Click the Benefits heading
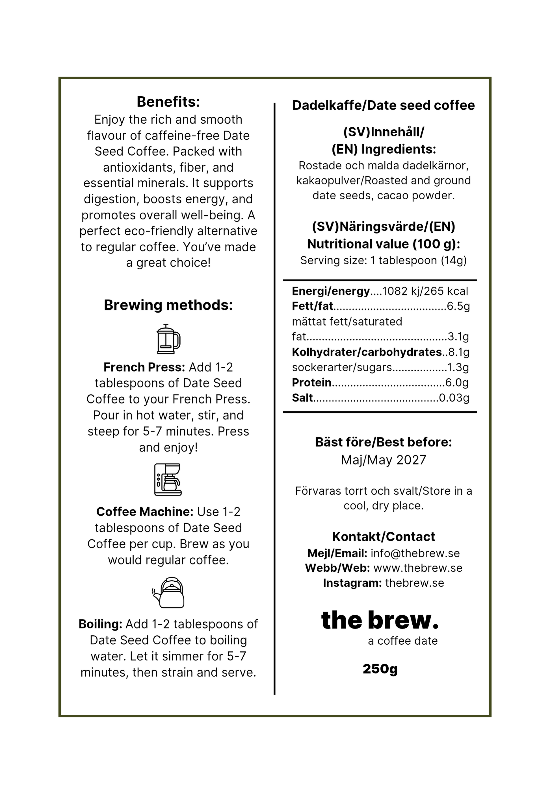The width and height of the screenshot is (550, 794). pos(168,102)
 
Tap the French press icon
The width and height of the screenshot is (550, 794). pos(168,339)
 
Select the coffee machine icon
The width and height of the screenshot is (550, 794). pos(168,479)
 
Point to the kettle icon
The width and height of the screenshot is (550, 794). pos(169,593)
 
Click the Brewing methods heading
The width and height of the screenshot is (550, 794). pos(168,305)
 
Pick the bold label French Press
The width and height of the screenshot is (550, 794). pos(144,367)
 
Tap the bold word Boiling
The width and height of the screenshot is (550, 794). pos(100,624)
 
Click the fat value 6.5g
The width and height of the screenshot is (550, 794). pos(458,306)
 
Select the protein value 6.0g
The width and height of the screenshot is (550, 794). pos(457,383)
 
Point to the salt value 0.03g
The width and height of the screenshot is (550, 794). pos(454,398)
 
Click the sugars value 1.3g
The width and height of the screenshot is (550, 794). pos(458,367)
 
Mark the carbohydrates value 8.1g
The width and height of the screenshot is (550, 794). pos(459,352)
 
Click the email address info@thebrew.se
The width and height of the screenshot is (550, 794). pos(415,553)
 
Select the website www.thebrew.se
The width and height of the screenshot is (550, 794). pos(418,568)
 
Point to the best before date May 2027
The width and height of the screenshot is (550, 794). pos(384,460)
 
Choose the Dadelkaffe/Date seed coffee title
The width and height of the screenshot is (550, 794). pos(383,105)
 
